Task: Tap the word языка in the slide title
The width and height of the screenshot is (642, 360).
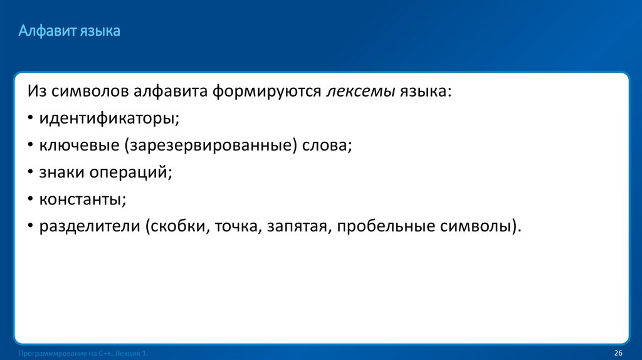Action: tap(100, 31)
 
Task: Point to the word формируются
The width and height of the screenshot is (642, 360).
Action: tap(266, 92)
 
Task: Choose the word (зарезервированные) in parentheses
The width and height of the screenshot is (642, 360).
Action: tap(211, 146)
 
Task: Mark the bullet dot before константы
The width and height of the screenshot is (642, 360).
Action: tap(31, 200)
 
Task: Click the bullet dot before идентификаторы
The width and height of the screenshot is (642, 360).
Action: tap(31, 119)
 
